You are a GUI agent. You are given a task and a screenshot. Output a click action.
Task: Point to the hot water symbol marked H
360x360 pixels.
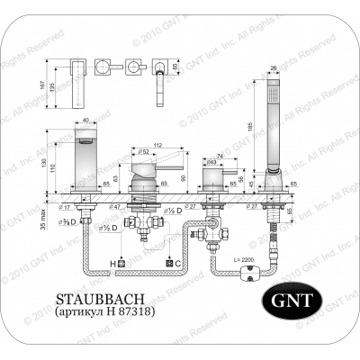(x=116, y=261)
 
